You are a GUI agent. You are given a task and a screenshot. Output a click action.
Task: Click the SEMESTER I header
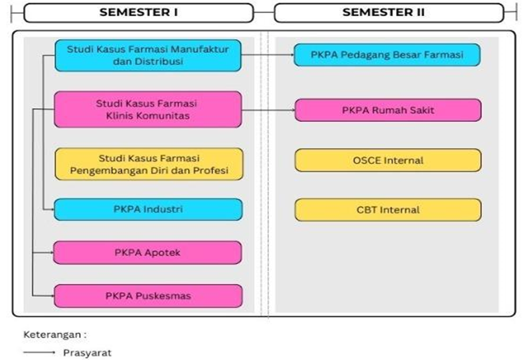pyautogui.click(x=138, y=13)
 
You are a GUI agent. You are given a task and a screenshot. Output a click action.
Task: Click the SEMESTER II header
pyautogui.click(x=389, y=13)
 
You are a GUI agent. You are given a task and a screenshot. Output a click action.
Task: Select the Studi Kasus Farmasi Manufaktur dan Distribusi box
pyautogui.click(x=148, y=56)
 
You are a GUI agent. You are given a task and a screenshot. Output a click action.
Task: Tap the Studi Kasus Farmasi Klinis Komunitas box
pyautogui.click(x=148, y=109)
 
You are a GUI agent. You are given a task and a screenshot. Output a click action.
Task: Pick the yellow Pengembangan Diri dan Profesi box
pyautogui.click(x=149, y=164)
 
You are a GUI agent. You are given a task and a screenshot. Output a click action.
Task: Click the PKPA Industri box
pyautogui.click(x=148, y=209)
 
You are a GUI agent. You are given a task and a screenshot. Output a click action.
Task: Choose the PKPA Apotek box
pyautogui.click(x=148, y=253)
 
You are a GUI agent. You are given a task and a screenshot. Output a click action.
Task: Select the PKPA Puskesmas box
pyautogui.click(x=148, y=296)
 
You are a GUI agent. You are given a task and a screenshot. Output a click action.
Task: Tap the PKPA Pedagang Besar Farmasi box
pyautogui.click(x=387, y=55)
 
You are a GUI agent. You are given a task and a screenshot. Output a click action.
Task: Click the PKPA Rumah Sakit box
pyautogui.click(x=388, y=110)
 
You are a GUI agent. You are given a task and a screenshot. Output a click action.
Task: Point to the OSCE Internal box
pyautogui.click(x=388, y=160)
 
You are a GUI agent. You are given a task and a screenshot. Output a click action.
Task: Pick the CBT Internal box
pyautogui.click(x=388, y=210)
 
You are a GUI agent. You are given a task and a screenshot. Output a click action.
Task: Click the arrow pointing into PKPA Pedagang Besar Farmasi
pyautogui.click(x=268, y=54)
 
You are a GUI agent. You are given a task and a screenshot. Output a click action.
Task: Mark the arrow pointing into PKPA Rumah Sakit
pyautogui.click(x=268, y=110)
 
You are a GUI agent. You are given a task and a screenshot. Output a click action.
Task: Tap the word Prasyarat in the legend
pyautogui.click(x=87, y=353)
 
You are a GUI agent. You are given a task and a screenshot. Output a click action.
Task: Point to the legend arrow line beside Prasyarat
pyautogui.click(x=39, y=352)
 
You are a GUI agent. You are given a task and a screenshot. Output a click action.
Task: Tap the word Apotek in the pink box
pyautogui.click(x=162, y=253)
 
